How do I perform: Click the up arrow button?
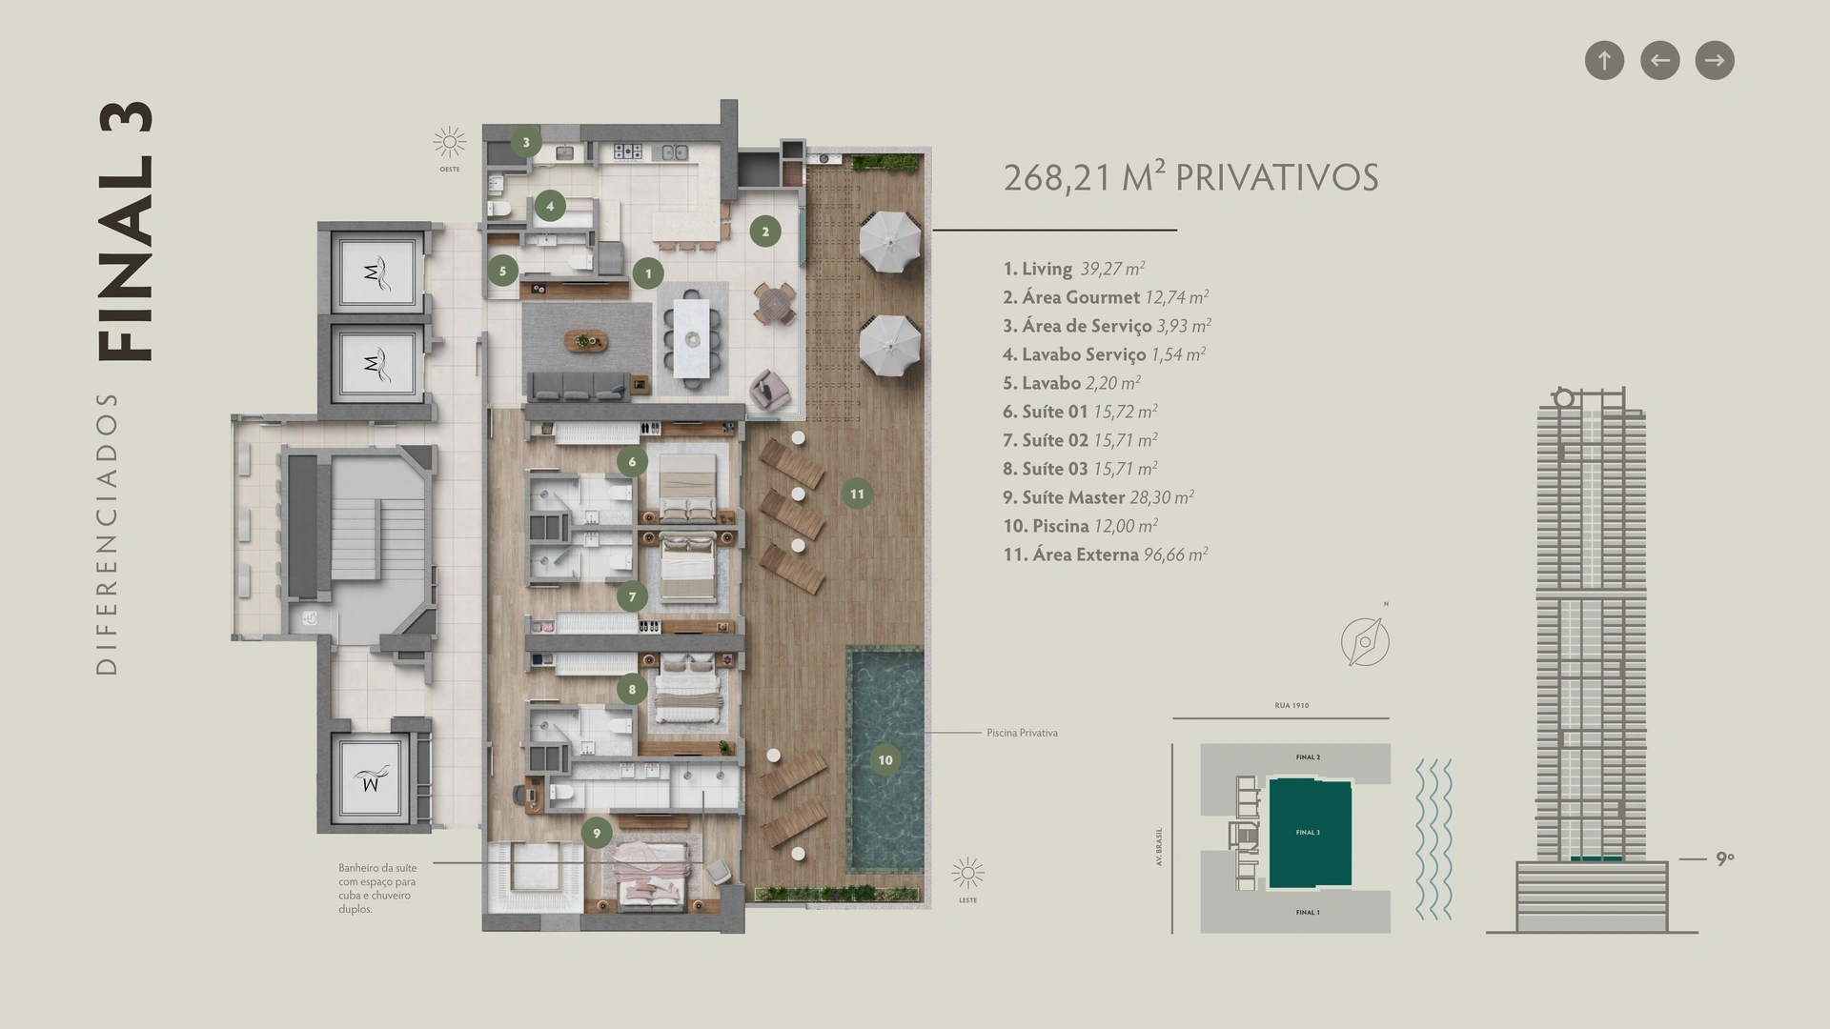(1604, 60)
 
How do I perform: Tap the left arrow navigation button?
(1659, 60)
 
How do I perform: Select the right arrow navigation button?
(1715, 60)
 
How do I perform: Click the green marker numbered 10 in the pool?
(885, 759)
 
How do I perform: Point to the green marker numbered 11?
(857, 494)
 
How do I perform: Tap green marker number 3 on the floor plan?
(525, 142)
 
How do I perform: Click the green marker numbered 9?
(597, 833)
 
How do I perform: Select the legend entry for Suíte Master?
(1098, 497)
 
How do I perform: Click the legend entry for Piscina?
(1080, 526)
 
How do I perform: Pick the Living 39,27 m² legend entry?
(1073, 269)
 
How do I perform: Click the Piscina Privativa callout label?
(1022, 733)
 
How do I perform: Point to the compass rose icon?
(1365, 641)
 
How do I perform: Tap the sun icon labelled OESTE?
(450, 143)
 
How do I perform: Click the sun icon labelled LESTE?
(967, 873)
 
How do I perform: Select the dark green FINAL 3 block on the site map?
(1310, 833)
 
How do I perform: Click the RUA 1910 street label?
(1291, 706)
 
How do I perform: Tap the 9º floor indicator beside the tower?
(1725, 858)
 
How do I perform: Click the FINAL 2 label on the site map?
(1308, 757)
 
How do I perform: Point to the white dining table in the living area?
(692, 339)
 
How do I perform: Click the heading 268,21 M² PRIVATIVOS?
(1190, 177)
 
